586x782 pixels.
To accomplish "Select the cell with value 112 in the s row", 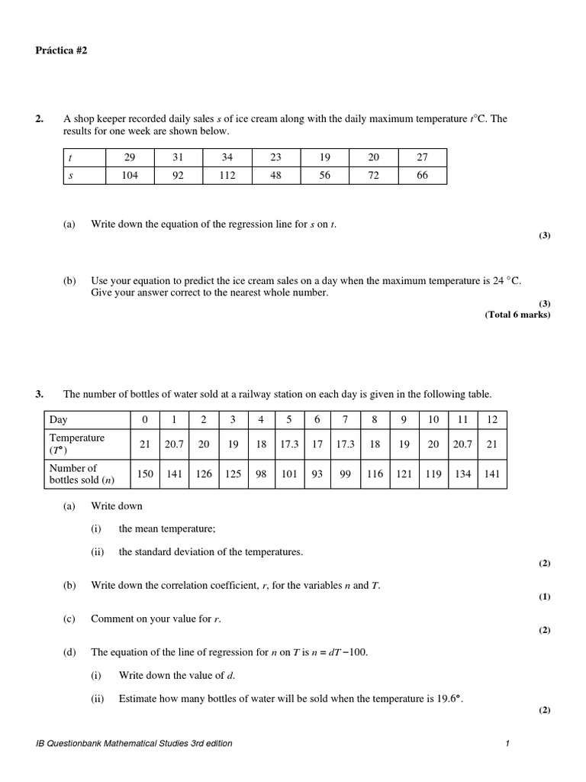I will coord(227,176).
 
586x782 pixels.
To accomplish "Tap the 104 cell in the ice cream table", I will coord(129,176).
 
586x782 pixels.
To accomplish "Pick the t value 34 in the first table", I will coord(227,157).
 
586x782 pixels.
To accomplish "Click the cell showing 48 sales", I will coord(275,176).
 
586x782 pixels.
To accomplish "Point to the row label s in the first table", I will coord(71,176).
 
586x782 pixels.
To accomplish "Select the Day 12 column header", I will coord(492,419).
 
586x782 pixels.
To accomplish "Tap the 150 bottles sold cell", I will coord(145,473).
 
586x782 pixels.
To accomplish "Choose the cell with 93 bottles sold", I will coord(317,473).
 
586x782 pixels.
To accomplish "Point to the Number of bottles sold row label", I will coord(73,473).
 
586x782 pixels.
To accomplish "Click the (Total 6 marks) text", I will coord(517,315).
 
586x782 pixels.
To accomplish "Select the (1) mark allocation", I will coord(544,596).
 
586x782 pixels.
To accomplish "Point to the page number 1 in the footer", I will coord(507,743).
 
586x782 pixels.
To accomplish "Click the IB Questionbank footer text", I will coord(134,743).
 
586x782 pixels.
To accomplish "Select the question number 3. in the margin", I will coord(40,394).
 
